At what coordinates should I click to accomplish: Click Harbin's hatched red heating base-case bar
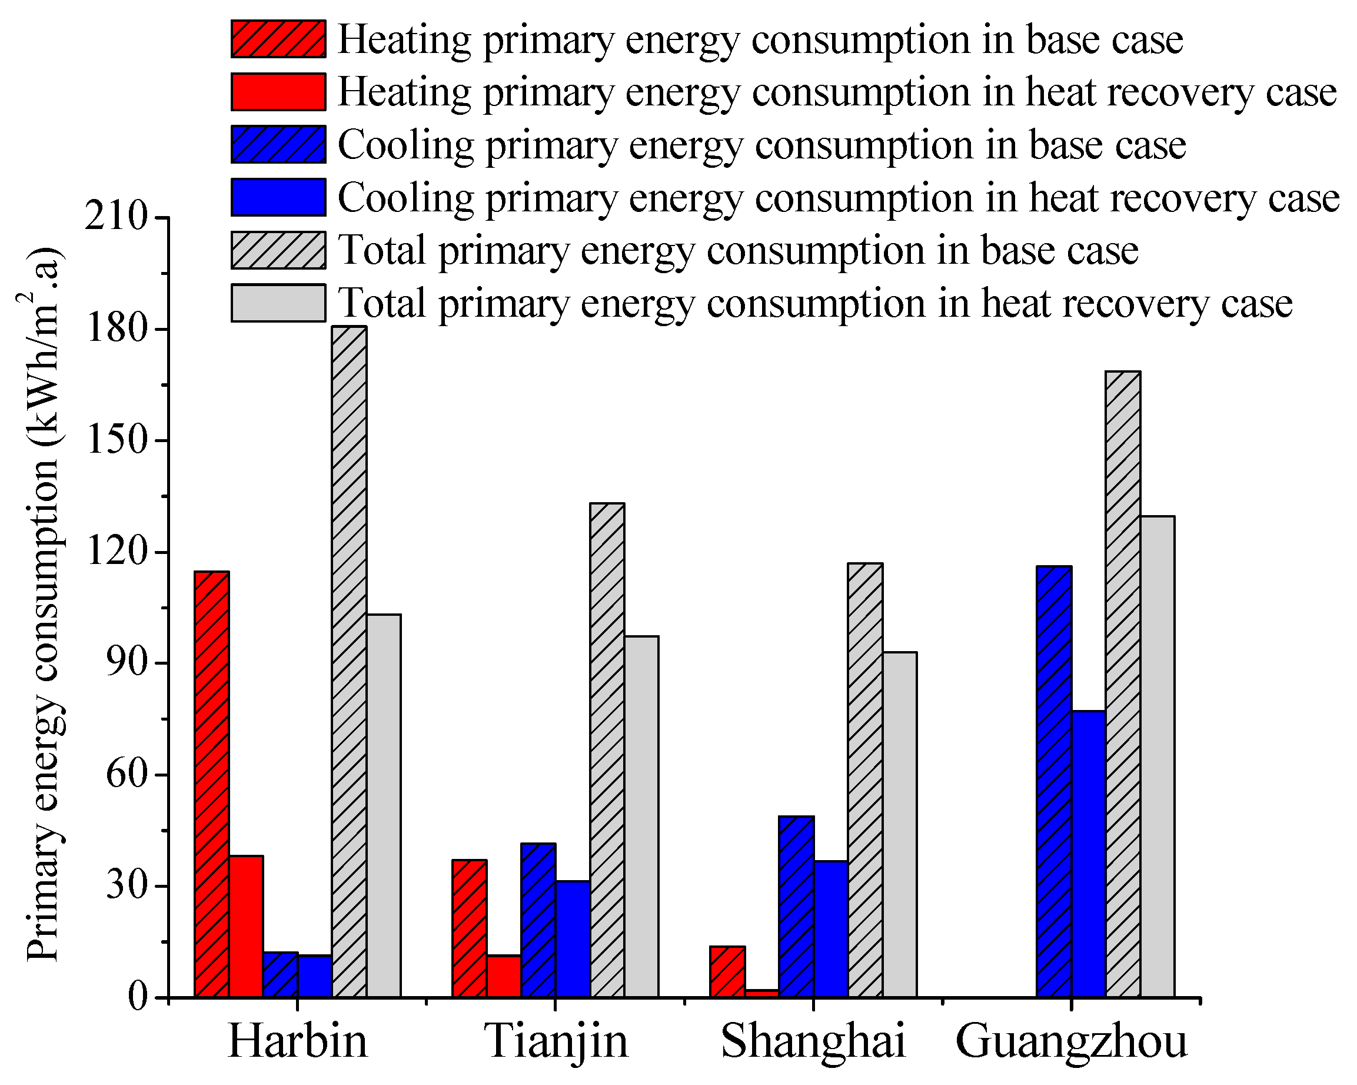(211, 784)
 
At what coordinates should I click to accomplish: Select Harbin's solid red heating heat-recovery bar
(246, 925)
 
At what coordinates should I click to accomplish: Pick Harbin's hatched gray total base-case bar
(350, 661)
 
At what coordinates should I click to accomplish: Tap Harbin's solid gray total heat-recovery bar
(384, 805)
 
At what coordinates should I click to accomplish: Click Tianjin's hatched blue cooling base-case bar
(538, 920)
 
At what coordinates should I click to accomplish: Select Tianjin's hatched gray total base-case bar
(607, 750)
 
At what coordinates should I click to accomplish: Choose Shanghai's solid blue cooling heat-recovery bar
(831, 929)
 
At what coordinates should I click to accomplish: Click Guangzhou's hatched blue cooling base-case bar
(1055, 781)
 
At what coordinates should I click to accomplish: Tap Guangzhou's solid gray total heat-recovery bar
(1158, 756)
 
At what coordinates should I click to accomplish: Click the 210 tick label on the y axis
(116, 217)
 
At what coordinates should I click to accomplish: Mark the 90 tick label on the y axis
(126, 663)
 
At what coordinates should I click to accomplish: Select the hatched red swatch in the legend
(278, 39)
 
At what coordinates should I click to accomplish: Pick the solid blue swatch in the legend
(278, 197)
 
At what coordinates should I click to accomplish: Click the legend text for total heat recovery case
(815, 303)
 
